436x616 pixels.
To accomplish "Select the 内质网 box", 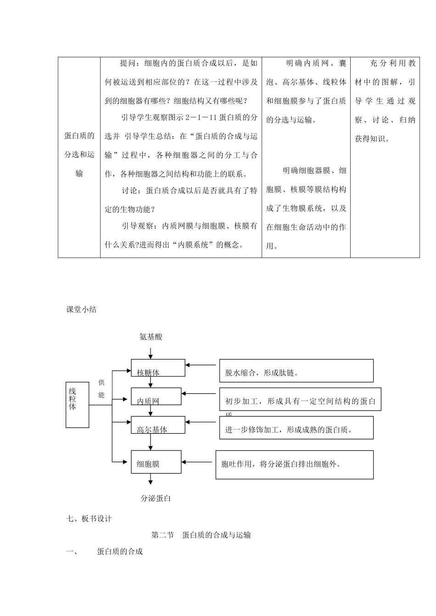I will point(156,396).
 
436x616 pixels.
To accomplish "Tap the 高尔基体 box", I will point(158,425).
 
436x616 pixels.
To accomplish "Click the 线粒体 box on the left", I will point(77,405).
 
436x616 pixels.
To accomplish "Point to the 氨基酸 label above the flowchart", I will point(151,337).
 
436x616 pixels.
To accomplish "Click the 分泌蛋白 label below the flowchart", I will point(156,498).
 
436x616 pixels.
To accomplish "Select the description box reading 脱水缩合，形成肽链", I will point(296,370).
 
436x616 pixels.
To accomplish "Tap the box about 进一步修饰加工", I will point(296,428).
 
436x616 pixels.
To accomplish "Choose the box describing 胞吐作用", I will point(294,465).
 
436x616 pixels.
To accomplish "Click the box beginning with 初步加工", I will point(300,399).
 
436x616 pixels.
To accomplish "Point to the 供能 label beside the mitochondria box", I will point(101,389).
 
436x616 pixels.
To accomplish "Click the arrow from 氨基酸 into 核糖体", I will point(151,353).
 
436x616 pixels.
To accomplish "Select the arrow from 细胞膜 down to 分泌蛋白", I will point(151,479).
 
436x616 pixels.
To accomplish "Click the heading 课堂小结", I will point(81,309).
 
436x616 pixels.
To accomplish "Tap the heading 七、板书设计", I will point(89,518).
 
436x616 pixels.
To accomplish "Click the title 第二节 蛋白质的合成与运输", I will point(201,535).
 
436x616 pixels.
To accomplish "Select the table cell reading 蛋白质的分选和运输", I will point(79,154).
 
